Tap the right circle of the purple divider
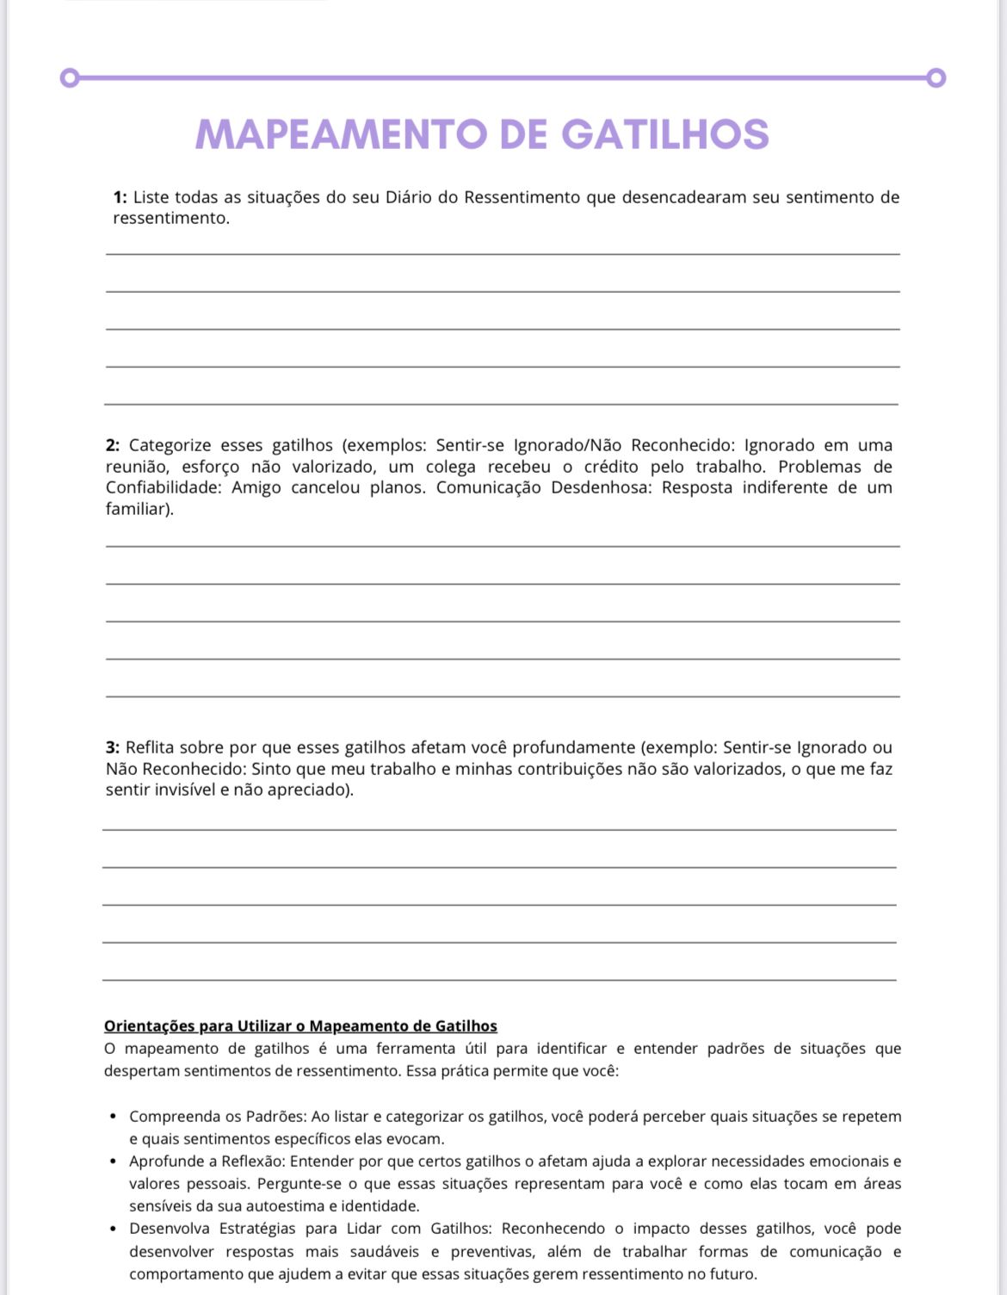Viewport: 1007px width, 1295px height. tap(936, 78)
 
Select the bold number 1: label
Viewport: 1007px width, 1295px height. tap(120, 197)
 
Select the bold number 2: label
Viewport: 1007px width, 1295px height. tap(113, 445)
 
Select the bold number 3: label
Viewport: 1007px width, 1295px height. tap(113, 747)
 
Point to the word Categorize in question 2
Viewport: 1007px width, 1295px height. tap(170, 445)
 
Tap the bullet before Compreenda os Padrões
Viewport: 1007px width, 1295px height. tap(114, 1117)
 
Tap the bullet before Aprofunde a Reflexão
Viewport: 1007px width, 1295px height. tap(114, 1162)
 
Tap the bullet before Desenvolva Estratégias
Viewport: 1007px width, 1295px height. tap(114, 1229)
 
